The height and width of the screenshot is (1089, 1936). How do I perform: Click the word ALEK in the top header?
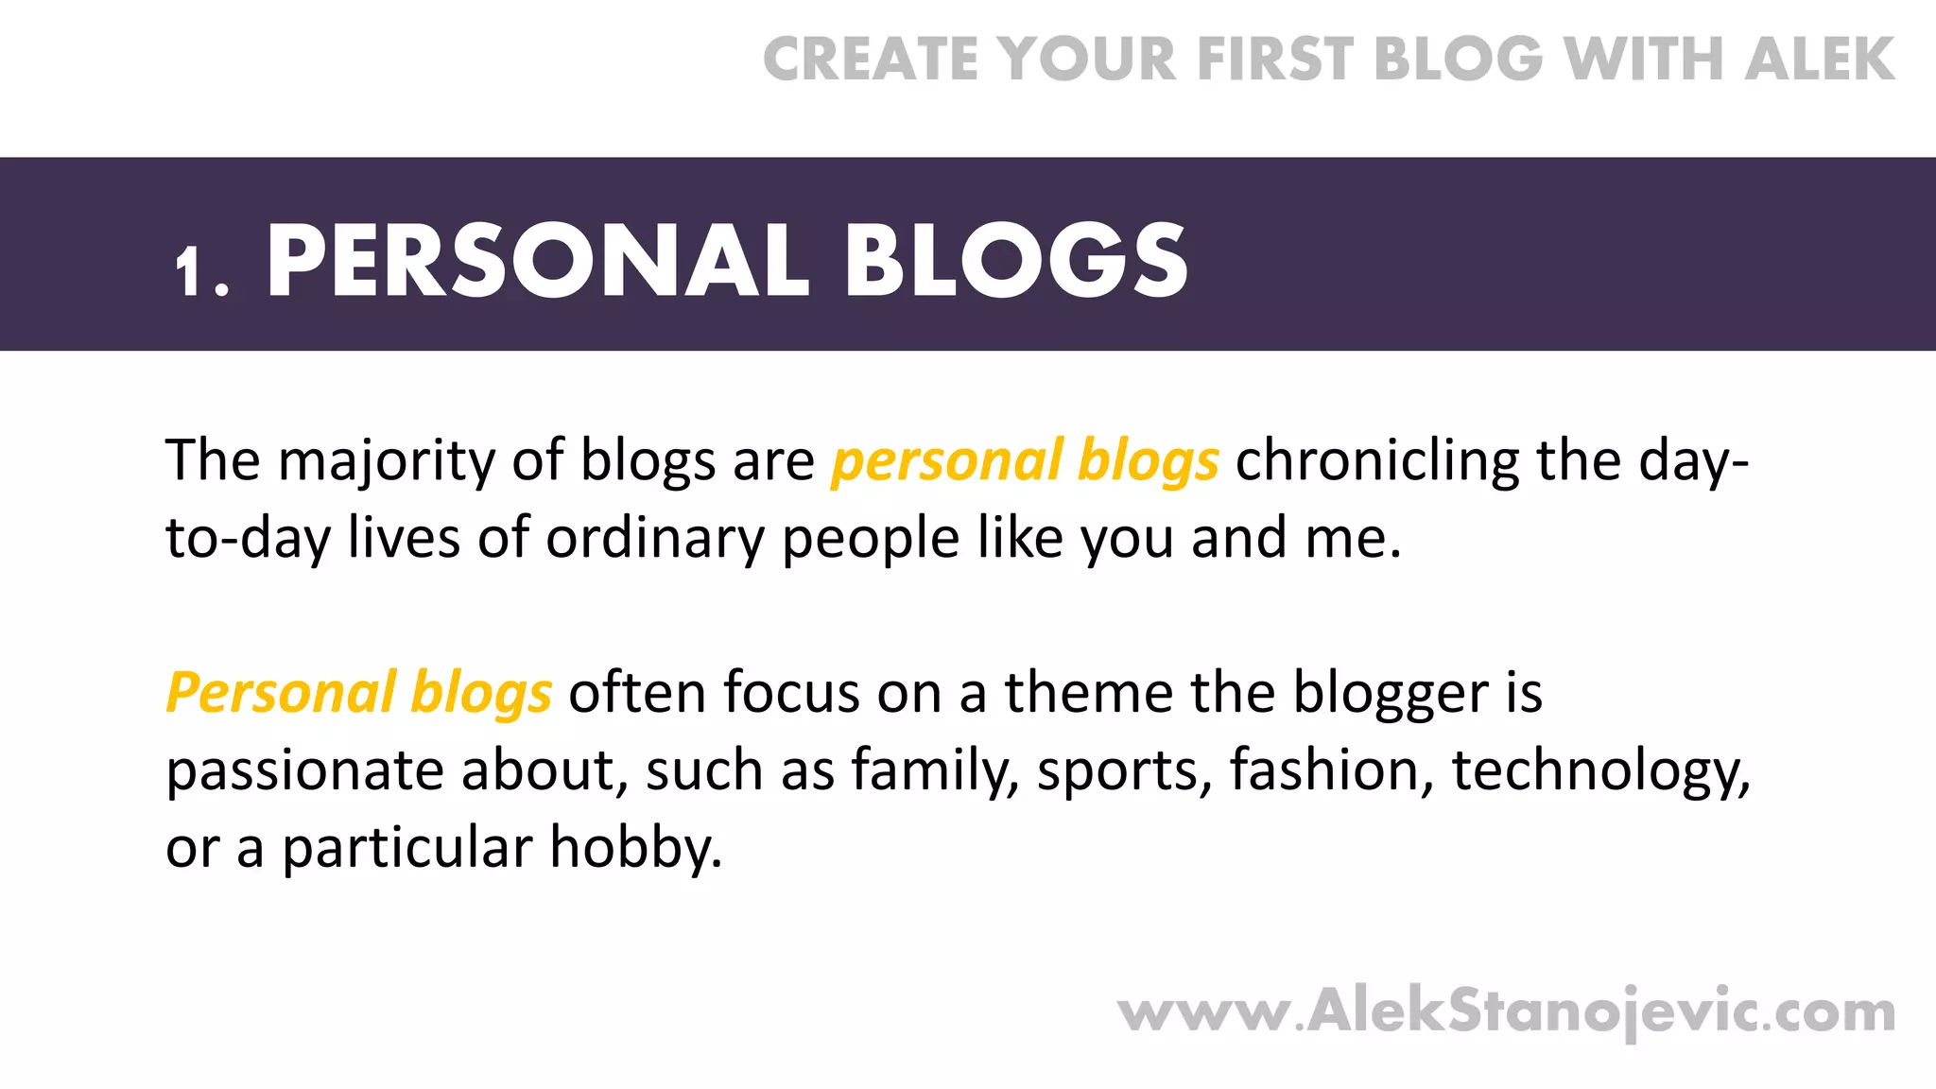(1820, 60)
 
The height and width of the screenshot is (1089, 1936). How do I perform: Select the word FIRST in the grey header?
(1275, 60)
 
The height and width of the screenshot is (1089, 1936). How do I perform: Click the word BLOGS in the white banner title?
(1017, 262)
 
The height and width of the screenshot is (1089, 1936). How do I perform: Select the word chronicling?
(1376, 461)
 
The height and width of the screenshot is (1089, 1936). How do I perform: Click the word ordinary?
(655, 539)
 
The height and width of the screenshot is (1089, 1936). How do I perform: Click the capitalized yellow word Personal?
(281, 693)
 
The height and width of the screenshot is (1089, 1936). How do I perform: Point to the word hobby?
(635, 848)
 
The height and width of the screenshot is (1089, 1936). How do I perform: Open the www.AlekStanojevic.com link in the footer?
(1506, 1012)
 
